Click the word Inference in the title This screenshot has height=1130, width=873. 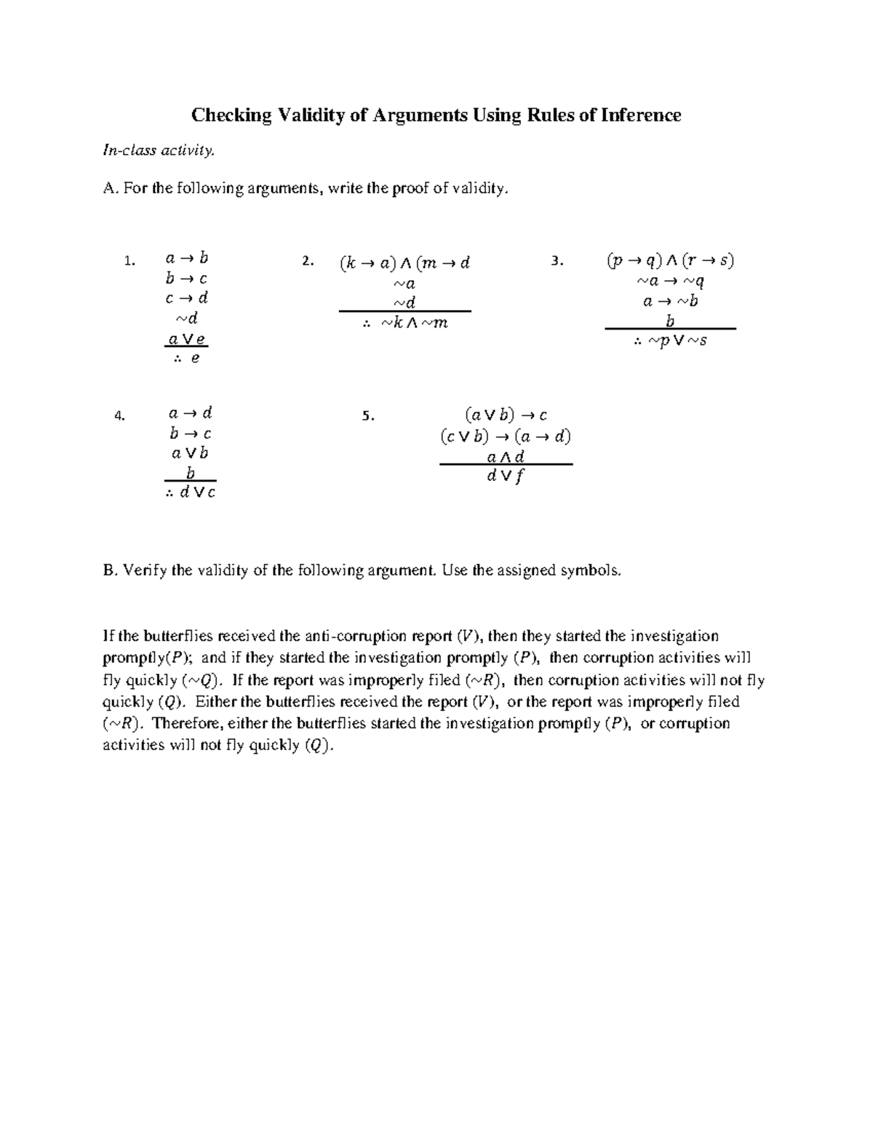[x=641, y=115]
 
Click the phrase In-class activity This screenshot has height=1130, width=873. [x=159, y=151]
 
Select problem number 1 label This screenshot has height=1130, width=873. [x=129, y=260]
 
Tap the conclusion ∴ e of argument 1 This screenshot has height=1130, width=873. [x=187, y=358]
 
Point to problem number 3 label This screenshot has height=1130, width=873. [x=557, y=260]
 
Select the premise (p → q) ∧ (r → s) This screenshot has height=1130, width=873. [x=670, y=260]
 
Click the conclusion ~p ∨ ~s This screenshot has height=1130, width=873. [x=670, y=341]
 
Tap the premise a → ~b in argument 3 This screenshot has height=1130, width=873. [x=670, y=301]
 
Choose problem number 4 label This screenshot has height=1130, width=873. [x=120, y=416]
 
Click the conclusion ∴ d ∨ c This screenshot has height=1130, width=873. [x=190, y=493]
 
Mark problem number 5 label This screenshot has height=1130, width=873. [x=368, y=416]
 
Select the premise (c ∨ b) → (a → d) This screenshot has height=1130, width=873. [x=506, y=437]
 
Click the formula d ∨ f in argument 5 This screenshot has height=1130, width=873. [x=506, y=477]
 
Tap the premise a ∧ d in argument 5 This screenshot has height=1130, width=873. [x=506, y=457]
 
